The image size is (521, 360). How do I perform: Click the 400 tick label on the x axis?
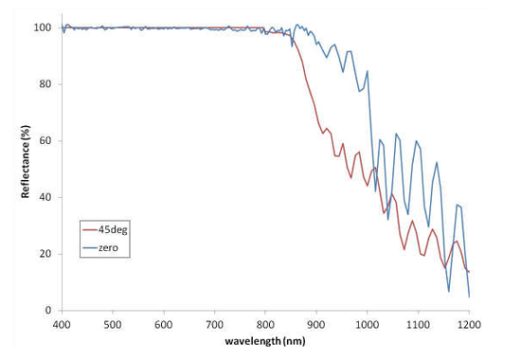(62, 324)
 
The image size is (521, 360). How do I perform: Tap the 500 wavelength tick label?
(113, 324)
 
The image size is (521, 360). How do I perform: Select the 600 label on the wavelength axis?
(164, 324)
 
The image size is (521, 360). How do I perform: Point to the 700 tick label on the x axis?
(215, 324)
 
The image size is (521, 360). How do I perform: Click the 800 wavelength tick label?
(265, 324)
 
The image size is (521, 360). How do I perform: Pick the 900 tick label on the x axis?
(316, 324)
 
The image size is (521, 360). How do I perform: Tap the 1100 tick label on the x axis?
(418, 324)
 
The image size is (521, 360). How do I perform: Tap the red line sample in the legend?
(91, 228)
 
